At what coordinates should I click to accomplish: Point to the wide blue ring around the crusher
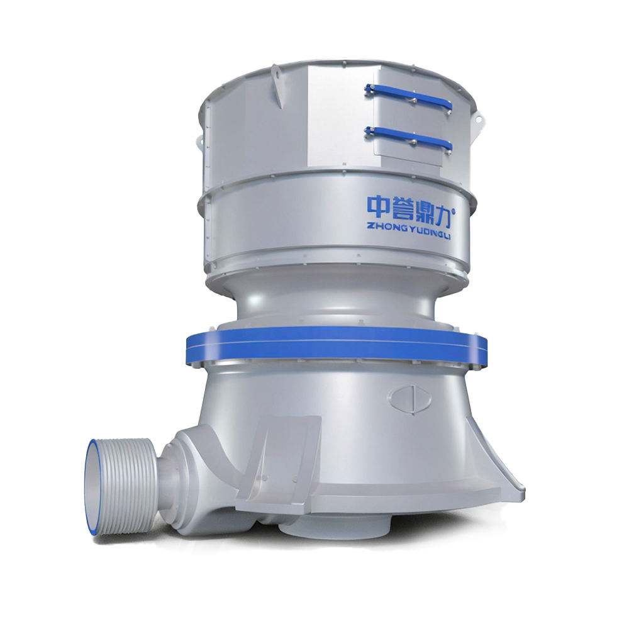(336, 343)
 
